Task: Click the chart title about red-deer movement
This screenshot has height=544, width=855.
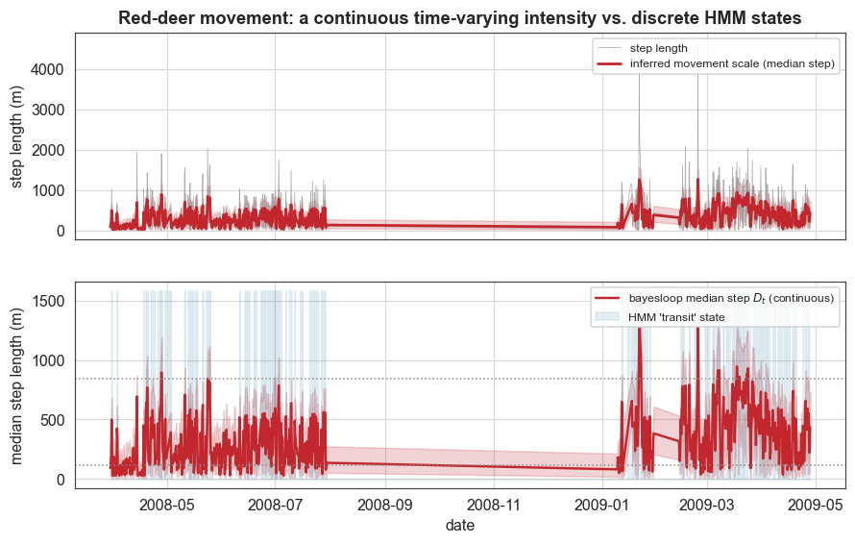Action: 459,18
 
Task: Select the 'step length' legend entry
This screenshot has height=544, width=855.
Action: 643,48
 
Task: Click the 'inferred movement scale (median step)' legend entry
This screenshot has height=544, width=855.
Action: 716,63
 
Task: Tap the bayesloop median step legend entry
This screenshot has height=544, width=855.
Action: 715,298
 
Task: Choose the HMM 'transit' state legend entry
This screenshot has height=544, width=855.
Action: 660,317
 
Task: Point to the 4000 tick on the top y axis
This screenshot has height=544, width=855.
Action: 47,70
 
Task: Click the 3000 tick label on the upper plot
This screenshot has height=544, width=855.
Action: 47,111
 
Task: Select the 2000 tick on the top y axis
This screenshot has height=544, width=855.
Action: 47,151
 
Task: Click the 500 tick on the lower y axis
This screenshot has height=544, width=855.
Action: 53,420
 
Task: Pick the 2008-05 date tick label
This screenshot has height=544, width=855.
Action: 167,505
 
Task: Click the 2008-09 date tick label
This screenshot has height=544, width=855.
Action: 385,505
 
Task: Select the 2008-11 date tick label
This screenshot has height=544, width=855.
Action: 494,505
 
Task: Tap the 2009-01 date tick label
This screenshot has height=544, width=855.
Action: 602,505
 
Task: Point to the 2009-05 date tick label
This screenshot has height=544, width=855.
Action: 816,505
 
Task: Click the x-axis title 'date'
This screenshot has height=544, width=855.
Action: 460,526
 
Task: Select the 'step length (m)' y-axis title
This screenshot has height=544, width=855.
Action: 17,136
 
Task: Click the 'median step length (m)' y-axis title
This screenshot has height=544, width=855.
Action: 17,385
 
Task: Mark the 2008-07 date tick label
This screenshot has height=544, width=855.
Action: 276,505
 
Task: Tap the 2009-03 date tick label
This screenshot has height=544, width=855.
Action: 707,505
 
